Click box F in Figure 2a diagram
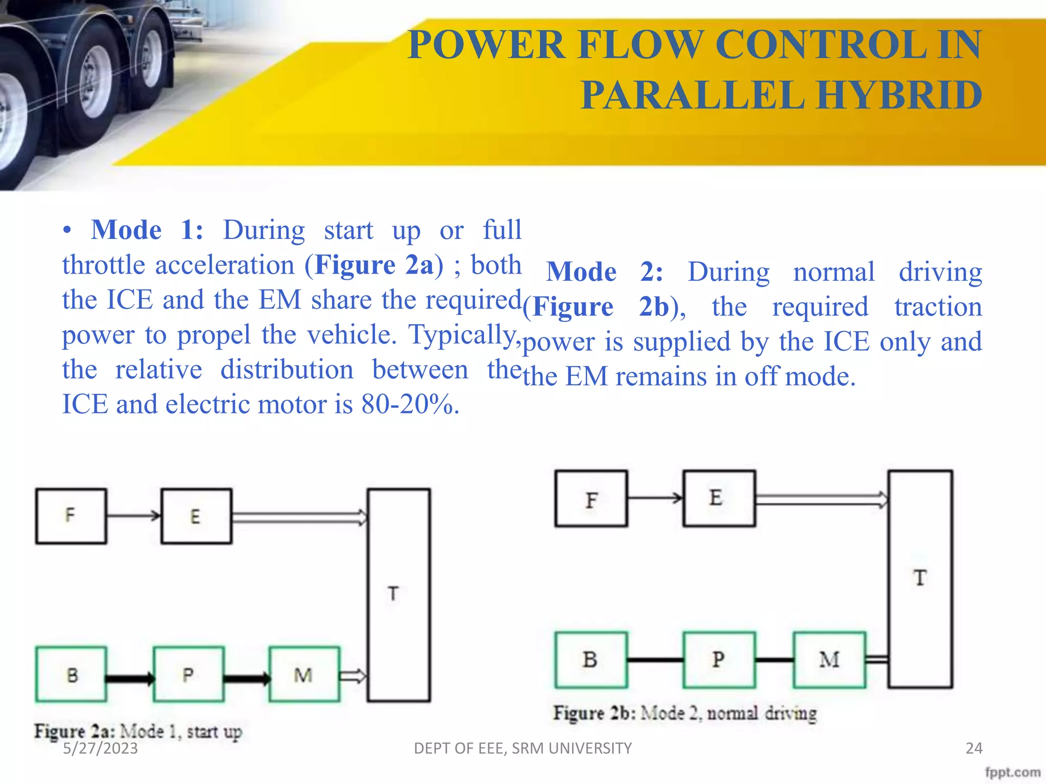click(71, 516)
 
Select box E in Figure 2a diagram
click(196, 516)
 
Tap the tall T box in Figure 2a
click(398, 595)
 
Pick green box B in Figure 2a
click(71, 674)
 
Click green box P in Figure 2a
click(188, 674)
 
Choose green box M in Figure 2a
click(304, 674)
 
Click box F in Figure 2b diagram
click(591, 499)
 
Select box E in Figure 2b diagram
click(719, 499)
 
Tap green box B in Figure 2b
click(591, 659)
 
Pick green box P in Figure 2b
click(719, 659)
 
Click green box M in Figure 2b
click(829, 659)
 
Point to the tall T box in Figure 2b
click(920, 579)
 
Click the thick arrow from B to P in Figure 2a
click(130, 678)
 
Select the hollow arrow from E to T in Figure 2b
click(821, 499)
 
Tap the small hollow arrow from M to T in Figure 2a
click(353, 676)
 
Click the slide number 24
click(973, 748)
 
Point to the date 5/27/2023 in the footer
click(100, 748)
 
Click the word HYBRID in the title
click(898, 95)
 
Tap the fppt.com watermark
click(1012, 772)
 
